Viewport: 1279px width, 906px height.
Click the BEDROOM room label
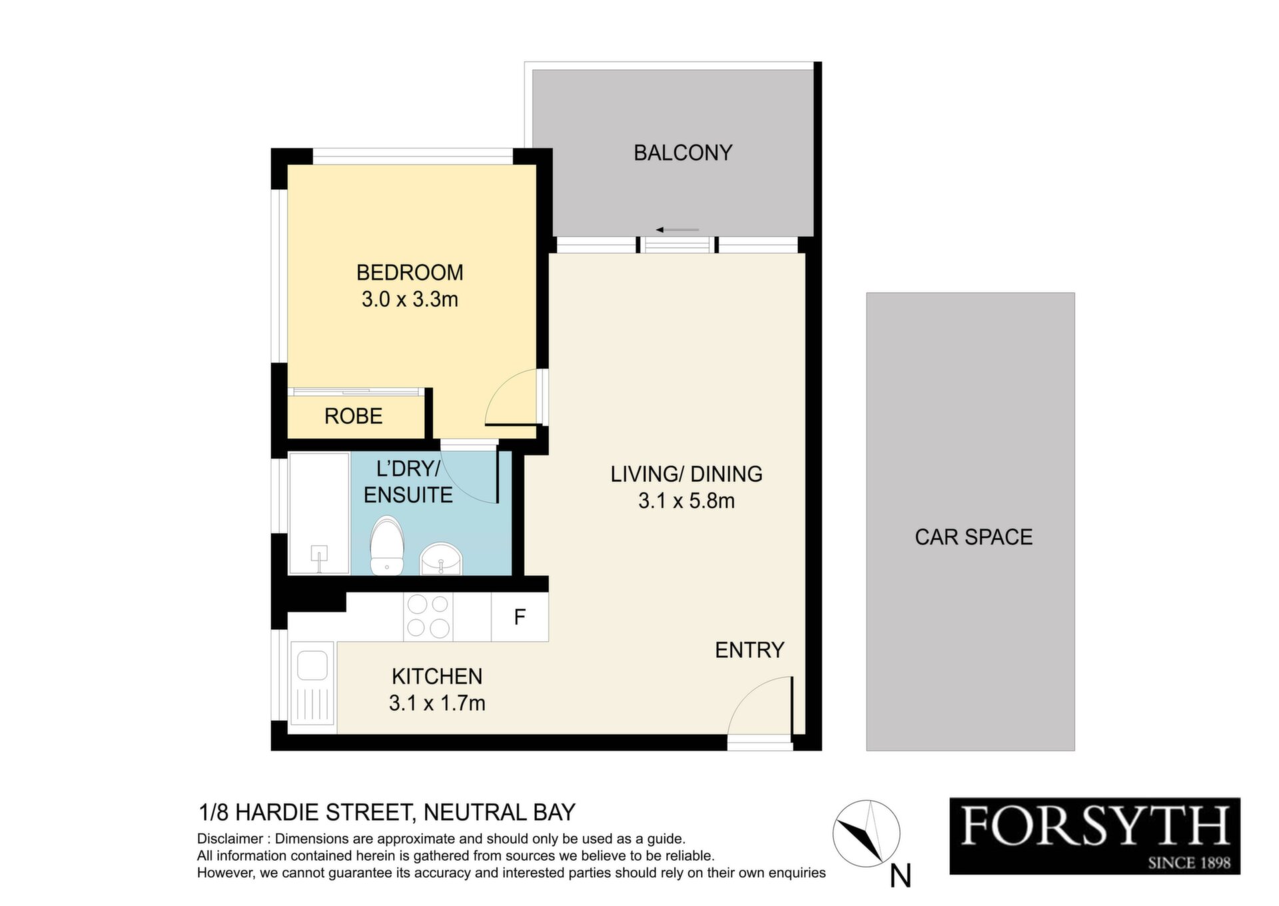pyautogui.click(x=410, y=272)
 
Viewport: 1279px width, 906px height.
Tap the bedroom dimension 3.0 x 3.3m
pyautogui.click(x=410, y=300)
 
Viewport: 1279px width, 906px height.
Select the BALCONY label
pyautogui.click(x=683, y=153)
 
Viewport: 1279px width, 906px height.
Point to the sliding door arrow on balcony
pyautogui.click(x=677, y=230)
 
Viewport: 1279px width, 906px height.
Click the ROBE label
pyautogui.click(x=353, y=416)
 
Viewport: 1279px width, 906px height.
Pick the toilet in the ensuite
pyautogui.click(x=387, y=545)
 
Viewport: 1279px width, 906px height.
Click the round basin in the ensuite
pyautogui.click(x=440, y=559)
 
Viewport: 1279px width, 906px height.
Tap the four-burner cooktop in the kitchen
pyautogui.click(x=428, y=616)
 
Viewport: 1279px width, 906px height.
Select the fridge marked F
pyautogui.click(x=520, y=617)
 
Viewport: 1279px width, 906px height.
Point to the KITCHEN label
pyautogui.click(x=437, y=676)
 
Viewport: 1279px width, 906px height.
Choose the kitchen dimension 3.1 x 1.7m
pyautogui.click(x=437, y=703)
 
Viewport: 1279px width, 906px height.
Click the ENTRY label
pyautogui.click(x=749, y=650)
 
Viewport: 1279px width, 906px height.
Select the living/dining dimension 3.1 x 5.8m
pyautogui.click(x=686, y=501)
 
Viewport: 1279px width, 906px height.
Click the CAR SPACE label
pyautogui.click(x=973, y=537)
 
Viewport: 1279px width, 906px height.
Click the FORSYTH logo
pyautogui.click(x=1094, y=835)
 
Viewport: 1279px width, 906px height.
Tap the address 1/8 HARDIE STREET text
pyautogui.click(x=307, y=812)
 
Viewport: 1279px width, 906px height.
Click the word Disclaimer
pyautogui.click(x=229, y=839)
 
